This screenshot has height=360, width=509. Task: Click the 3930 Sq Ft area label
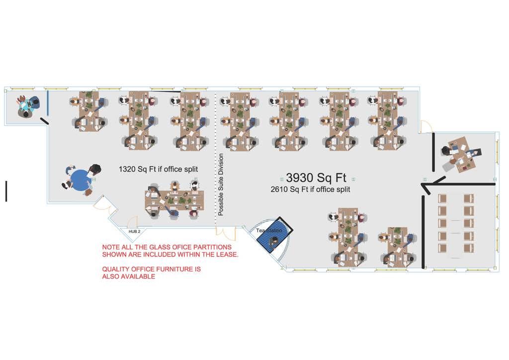coord(316,178)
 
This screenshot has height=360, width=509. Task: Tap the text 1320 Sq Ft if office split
coord(158,170)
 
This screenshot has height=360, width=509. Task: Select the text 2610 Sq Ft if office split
coord(310,189)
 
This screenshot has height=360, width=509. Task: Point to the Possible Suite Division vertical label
coord(221,184)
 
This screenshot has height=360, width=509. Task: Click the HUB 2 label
coord(135,232)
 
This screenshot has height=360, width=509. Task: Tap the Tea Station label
coord(269,231)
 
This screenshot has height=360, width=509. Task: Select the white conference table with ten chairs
coord(455,226)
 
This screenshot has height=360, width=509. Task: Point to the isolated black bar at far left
coord(6,191)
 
